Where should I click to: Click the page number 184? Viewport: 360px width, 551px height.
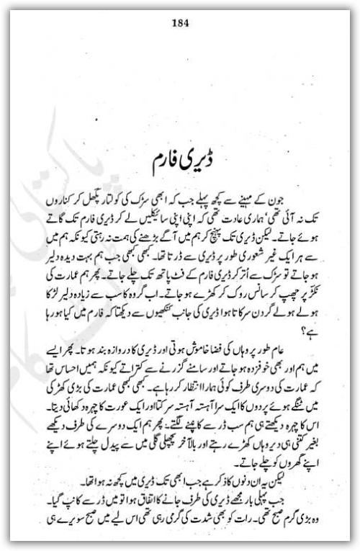coord(180,21)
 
